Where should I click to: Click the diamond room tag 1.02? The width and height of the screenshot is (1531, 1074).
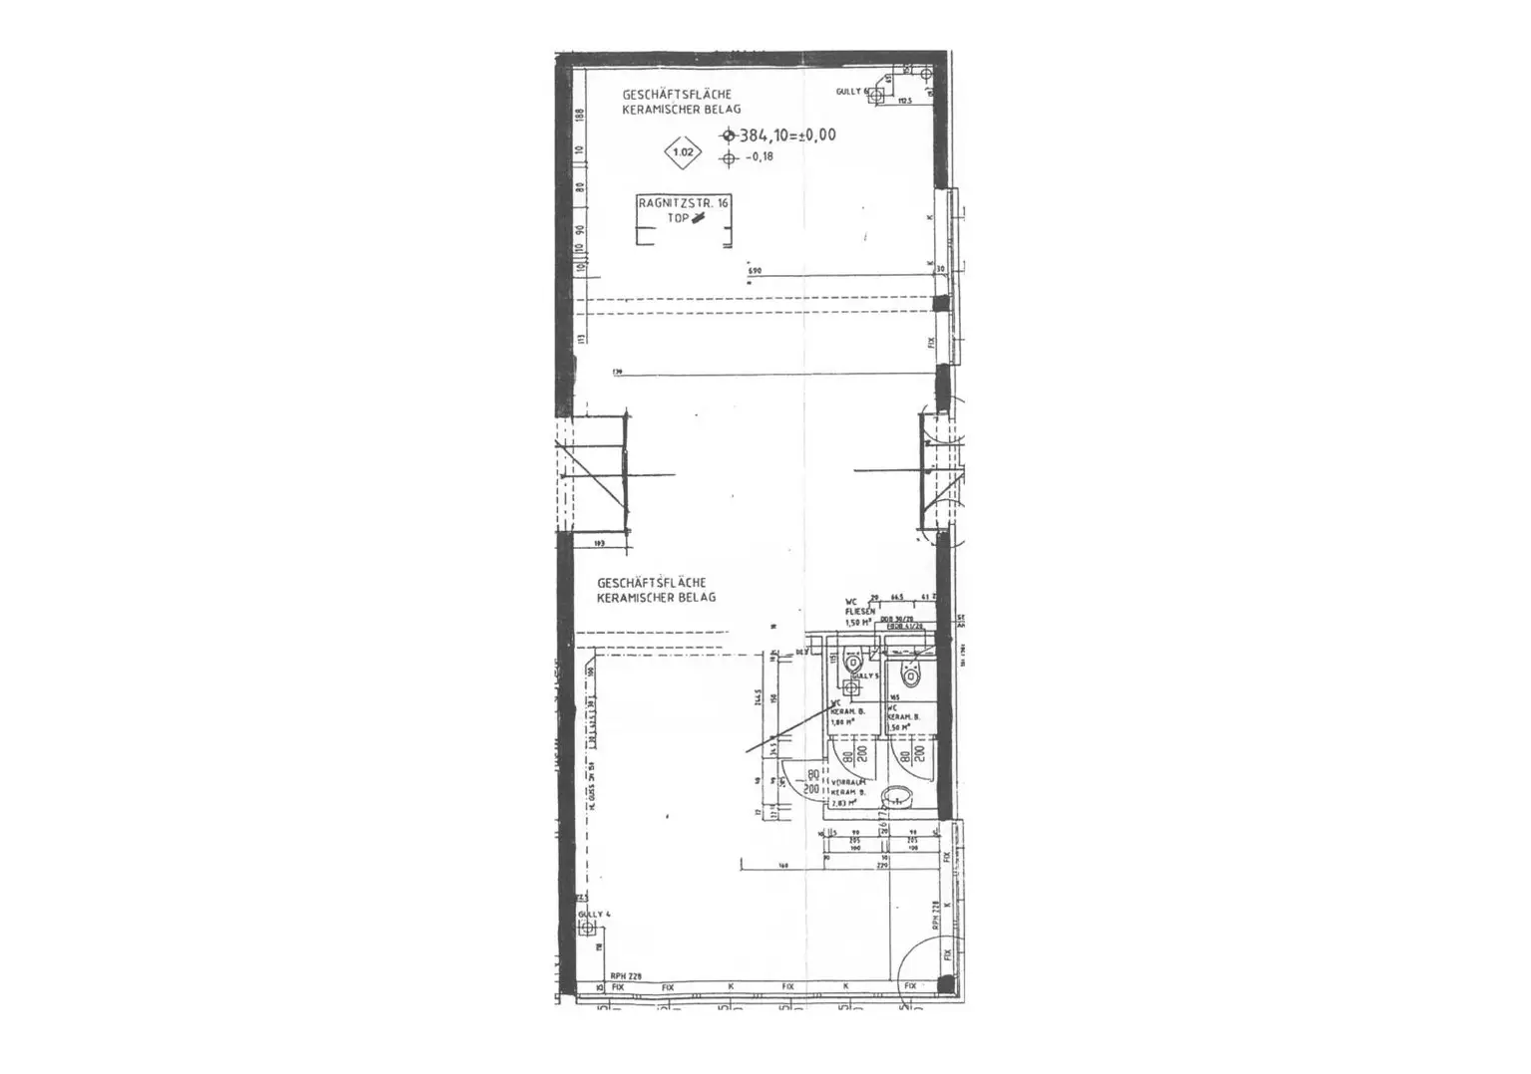(x=683, y=152)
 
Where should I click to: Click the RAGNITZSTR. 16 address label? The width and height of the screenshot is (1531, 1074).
(x=684, y=202)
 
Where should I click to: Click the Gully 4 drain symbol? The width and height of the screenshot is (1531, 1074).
(x=587, y=929)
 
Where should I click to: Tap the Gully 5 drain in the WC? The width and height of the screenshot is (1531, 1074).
(x=851, y=686)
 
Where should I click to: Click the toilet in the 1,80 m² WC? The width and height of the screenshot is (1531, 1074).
(x=852, y=663)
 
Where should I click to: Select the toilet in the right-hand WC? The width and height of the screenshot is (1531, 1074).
(x=907, y=668)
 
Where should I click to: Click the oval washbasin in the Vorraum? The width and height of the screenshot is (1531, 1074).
(x=899, y=795)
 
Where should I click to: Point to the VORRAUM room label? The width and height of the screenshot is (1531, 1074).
(x=845, y=783)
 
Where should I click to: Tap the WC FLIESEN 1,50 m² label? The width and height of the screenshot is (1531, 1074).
(x=858, y=611)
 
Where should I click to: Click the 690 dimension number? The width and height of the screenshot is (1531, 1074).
(x=755, y=271)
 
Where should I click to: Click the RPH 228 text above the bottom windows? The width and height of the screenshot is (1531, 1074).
(x=624, y=977)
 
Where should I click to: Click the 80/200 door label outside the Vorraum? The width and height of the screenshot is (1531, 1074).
(x=812, y=781)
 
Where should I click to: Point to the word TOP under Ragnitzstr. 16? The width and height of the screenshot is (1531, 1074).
(x=679, y=217)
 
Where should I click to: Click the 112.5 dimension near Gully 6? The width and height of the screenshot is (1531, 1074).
(x=904, y=102)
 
